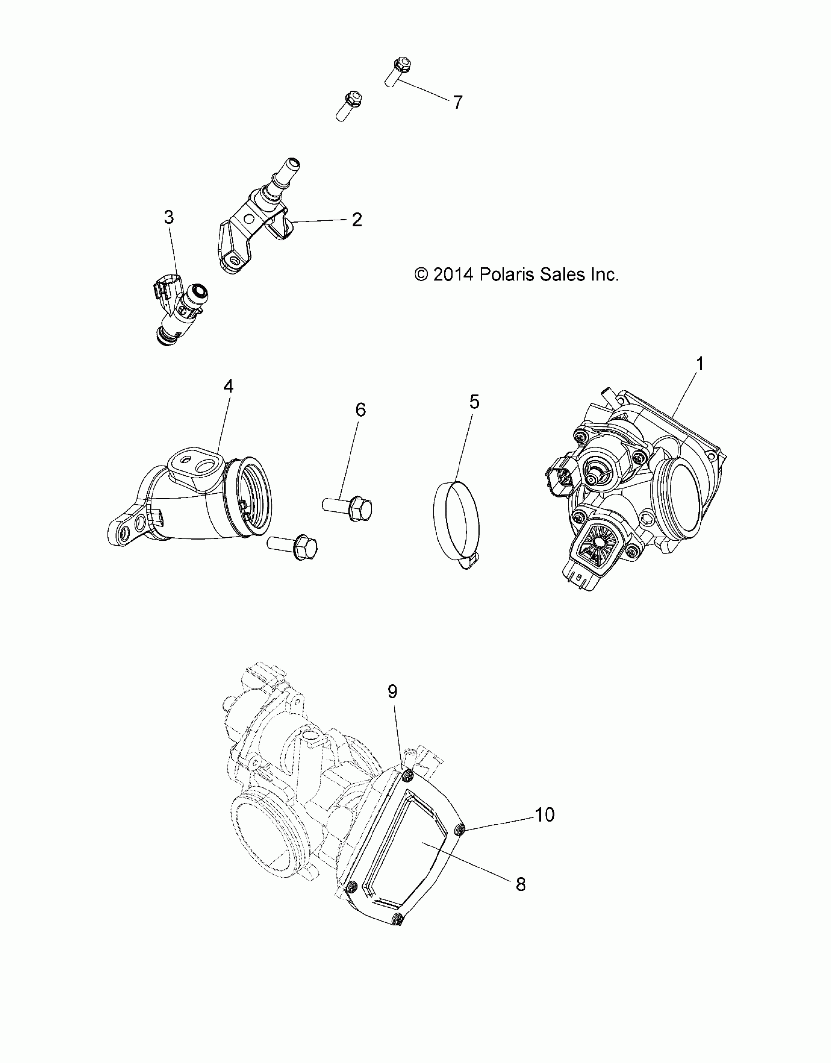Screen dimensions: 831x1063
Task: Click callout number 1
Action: pyautogui.click(x=700, y=364)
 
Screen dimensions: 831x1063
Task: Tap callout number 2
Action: pyautogui.click(x=357, y=220)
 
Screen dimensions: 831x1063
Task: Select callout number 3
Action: pyautogui.click(x=169, y=217)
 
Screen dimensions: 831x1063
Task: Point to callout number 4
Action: pyautogui.click(x=228, y=387)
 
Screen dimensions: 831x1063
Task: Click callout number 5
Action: pyautogui.click(x=474, y=402)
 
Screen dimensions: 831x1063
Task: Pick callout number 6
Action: pyautogui.click(x=360, y=410)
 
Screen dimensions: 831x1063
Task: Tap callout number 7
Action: pyautogui.click(x=457, y=103)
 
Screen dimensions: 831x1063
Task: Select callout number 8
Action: pyautogui.click(x=521, y=884)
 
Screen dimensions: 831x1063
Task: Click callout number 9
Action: pyautogui.click(x=393, y=692)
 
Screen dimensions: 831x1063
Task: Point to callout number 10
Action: pyautogui.click(x=545, y=815)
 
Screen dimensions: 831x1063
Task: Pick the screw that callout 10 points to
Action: pyautogui.click(x=459, y=829)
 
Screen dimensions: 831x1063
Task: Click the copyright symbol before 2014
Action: pyautogui.click(x=420, y=275)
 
